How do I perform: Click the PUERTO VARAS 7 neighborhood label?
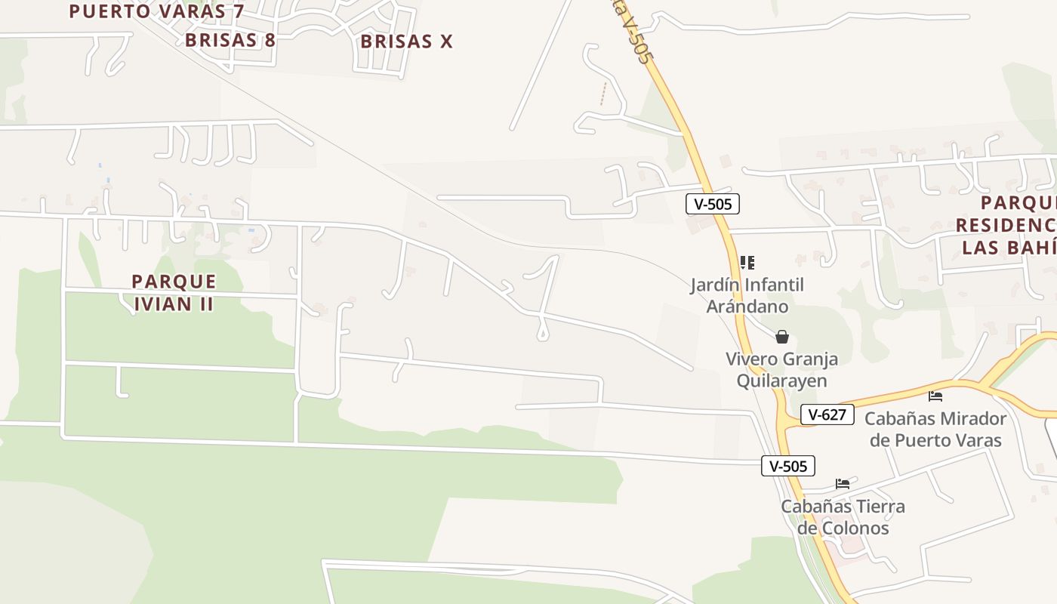point(156,11)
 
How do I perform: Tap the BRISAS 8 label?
point(230,40)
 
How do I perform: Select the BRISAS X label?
point(406,42)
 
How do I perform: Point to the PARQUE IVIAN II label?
point(174,292)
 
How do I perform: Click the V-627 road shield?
point(827,414)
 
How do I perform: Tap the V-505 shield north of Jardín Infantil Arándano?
point(712,203)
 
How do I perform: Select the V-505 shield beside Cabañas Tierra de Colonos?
point(787,466)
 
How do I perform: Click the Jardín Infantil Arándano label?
point(747,295)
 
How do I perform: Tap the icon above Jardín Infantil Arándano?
point(747,263)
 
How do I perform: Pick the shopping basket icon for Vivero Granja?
point(782,336)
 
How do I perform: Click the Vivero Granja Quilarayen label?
point(781,369)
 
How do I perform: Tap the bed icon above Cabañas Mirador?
point(935,396)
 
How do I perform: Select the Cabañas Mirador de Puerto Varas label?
point(935,429)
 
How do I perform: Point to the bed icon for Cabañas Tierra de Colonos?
point(843,483)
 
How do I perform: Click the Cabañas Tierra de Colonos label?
point(843,516)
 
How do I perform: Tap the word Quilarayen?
point(781,381)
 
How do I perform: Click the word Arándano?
point(747,306)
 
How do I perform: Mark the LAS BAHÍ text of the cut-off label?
point(1009,247)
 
